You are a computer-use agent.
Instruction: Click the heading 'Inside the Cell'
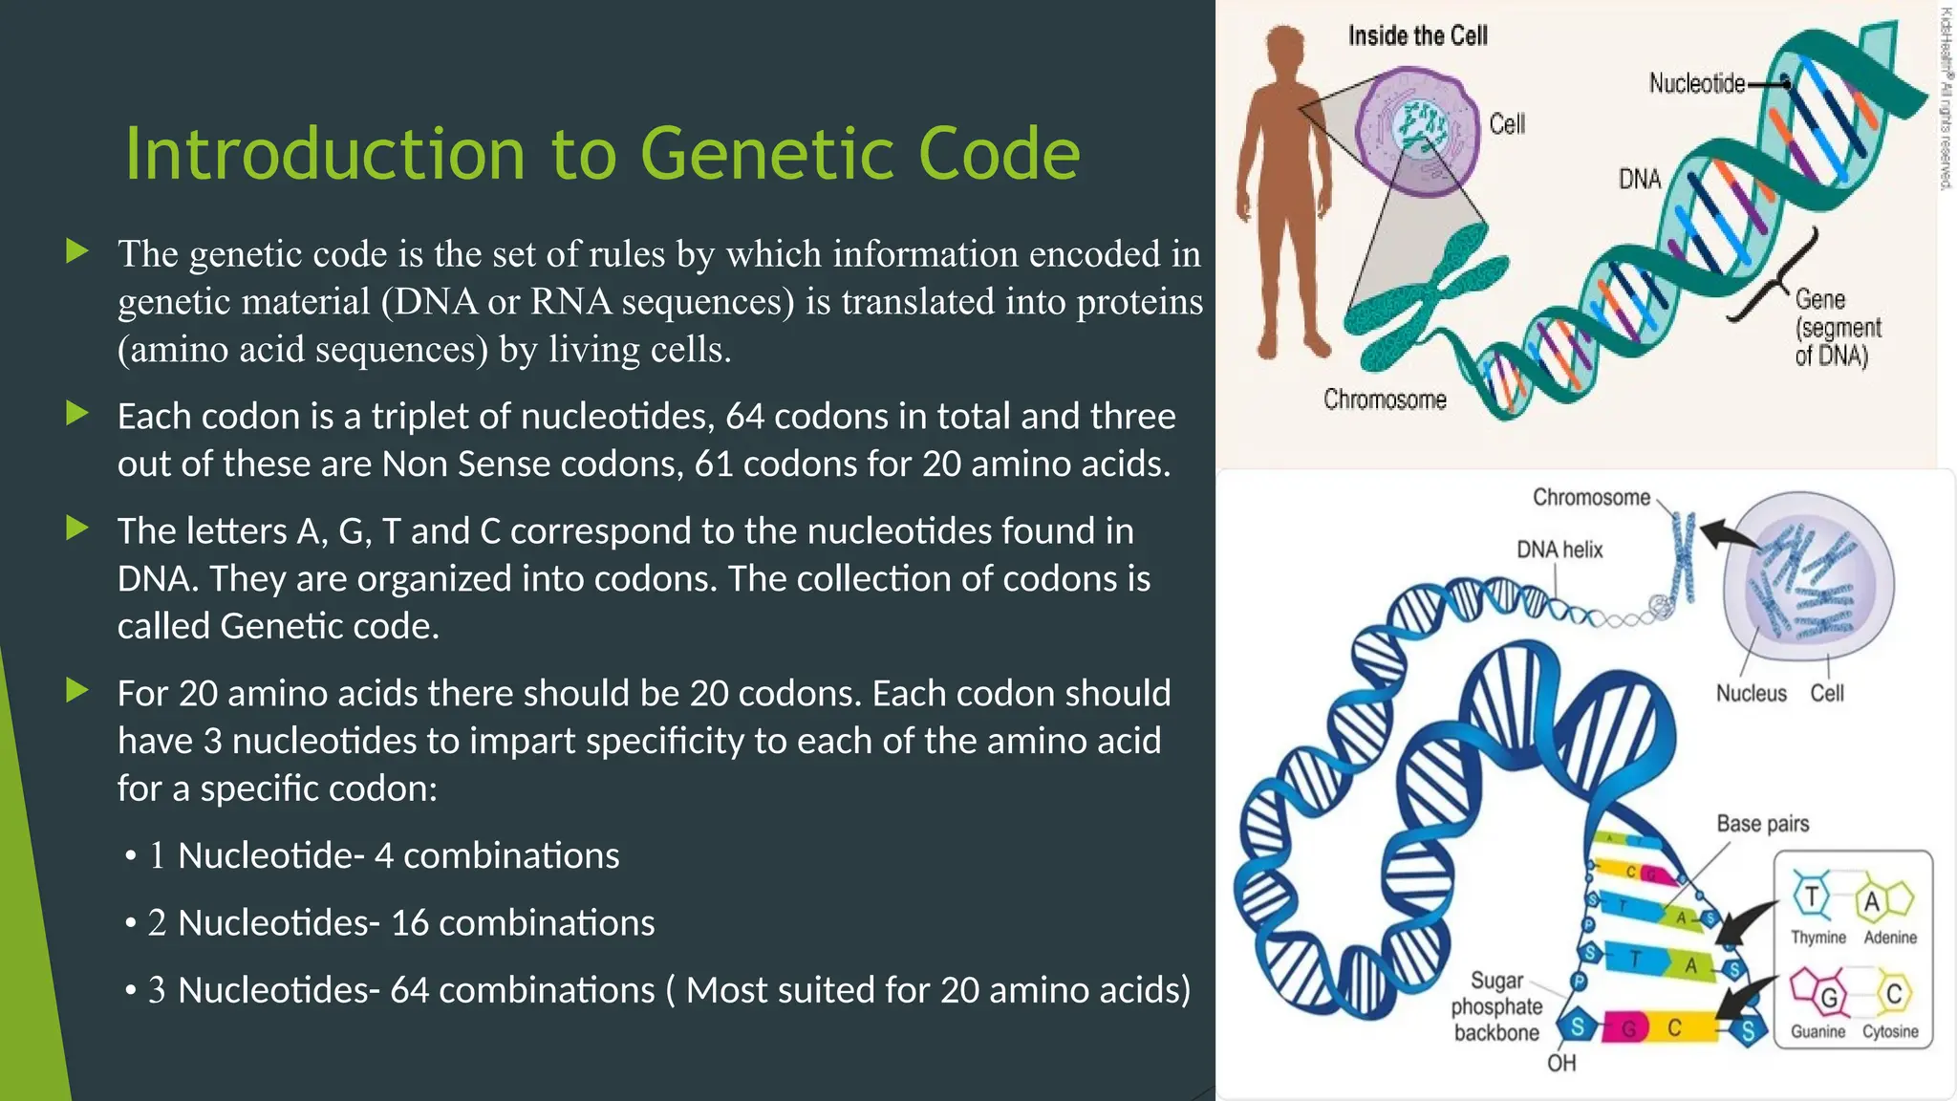tap(1417, 36)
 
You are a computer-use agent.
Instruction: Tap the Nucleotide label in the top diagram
tap(1696, 84)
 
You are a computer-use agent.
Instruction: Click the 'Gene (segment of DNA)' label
tap(1837, 328)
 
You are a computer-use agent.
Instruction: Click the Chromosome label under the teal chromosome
tap(1384, 399)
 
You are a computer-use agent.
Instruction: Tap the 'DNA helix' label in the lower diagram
tap(1559, 550)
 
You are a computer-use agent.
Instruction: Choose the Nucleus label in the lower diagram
tap(1750, 694)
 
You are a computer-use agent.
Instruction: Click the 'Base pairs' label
tap(1762, 824)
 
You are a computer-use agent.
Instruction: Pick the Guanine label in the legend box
tap(1817, 1032)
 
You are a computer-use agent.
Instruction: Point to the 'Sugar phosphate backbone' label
tap(1495, 1007)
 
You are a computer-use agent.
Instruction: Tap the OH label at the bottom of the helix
tap(1560, 1064)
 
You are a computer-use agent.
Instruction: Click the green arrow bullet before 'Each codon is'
tap(76, 414)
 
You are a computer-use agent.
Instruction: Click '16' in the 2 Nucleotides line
tap(409, 923)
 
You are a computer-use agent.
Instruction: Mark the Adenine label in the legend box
tap(1889, 939)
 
